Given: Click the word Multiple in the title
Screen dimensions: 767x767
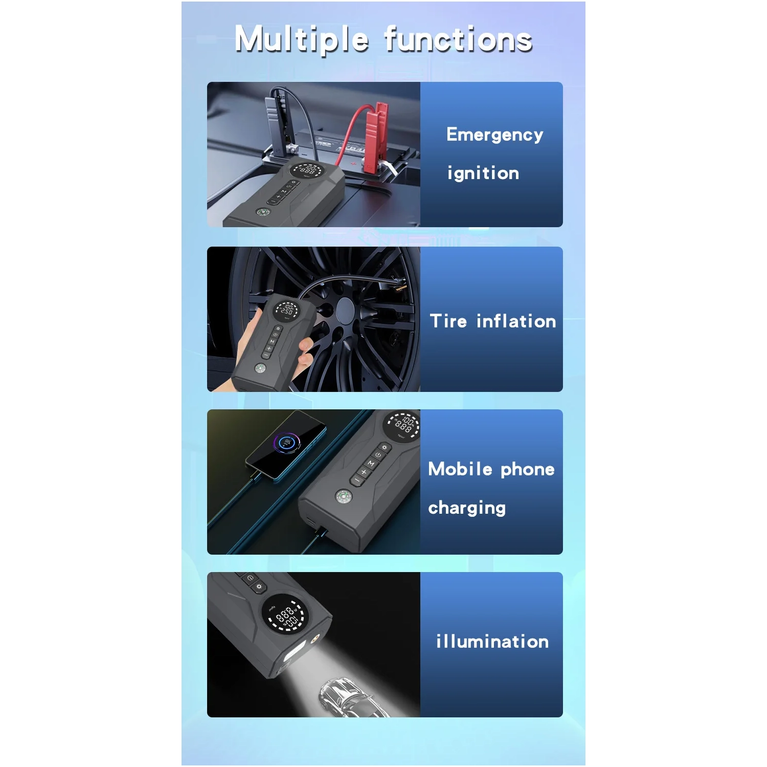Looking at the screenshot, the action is [x=302, y=40].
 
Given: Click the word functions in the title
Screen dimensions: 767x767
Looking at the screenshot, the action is [x=459, y=39].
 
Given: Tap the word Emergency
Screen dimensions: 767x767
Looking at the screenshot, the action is [x=494, y=135].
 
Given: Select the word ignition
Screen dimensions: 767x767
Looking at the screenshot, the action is [x=483, y=173].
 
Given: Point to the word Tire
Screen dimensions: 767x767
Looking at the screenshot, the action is [x=448, y=321].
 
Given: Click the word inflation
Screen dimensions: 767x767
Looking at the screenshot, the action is [x=516, y=321].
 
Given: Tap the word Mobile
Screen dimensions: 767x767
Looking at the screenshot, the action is [x=460, y=469].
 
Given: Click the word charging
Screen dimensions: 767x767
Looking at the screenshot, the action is [x=467, y=508].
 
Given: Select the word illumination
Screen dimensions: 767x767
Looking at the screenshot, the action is [x=492, y=641].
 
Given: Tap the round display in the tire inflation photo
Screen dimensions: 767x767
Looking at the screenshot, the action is [x=286, y=309].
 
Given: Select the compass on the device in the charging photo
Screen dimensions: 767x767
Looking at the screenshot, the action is [x=343, y=496].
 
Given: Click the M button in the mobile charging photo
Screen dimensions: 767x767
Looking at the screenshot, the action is [x=371, y=463].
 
